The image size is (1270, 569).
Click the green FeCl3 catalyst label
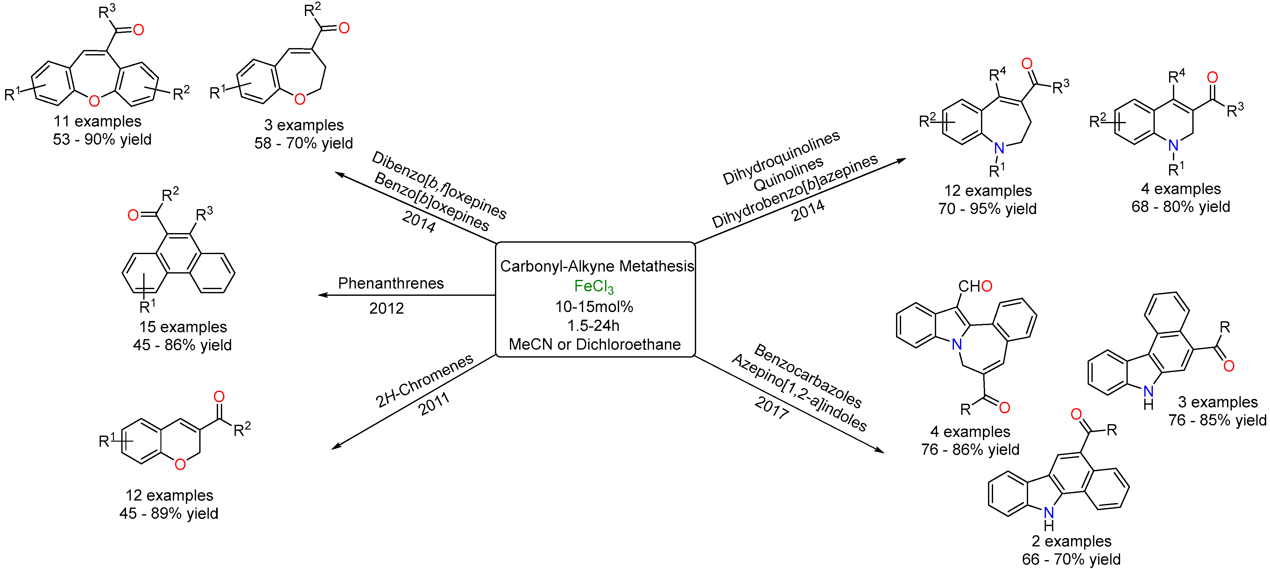(x=594, y=287)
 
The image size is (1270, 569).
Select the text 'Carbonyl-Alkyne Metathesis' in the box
(x=596, y=266)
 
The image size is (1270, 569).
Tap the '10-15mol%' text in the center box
(x=594, y=307)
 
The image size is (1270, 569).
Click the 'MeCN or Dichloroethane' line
(x=595, y=344)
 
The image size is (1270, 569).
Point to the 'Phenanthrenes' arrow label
(x=391, y=283)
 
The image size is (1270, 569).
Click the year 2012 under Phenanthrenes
(x=386, y=309)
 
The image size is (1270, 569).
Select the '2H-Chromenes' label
(x=424, y=380)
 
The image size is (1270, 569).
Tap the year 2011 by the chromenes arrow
(x=434, y=404)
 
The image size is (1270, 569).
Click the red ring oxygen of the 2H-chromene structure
(x=180, y=464)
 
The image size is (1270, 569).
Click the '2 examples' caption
(x=1071, y=541)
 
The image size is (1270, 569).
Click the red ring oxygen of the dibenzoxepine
(x=94, y=101)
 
